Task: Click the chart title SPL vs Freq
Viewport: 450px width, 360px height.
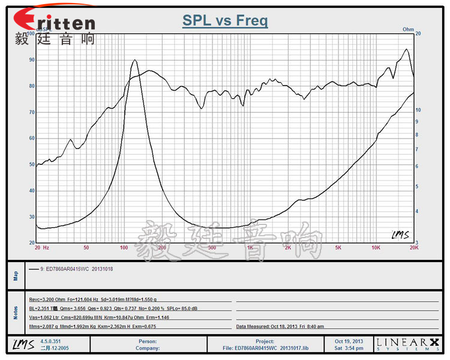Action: click(x=225, y=22)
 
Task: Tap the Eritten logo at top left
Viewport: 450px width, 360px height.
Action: click(x=55, y=22)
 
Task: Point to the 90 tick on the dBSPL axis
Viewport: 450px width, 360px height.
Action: click(x=31, y=60)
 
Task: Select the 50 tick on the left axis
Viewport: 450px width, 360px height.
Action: click(x=31, y=164)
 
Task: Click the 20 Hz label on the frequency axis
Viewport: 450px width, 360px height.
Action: click(x=41, y=247)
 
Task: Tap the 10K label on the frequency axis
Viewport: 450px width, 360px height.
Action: click(x=376, y=247)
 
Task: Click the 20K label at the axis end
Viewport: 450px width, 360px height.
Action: click(x=413, y=247)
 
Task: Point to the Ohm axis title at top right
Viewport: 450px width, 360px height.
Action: click(x=409, y=29)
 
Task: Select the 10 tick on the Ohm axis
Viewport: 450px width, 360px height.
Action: click(x=419, y=110)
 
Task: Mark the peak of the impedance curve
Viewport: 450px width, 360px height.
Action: click(x=134, y=60)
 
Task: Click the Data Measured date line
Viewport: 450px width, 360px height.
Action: click(x=280, y=327)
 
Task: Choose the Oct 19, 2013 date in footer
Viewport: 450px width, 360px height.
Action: click(x=349, y=341)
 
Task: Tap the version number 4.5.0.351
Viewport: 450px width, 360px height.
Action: click(x=51, y=341)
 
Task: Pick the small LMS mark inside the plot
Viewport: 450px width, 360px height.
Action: click(x=400, y=235)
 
